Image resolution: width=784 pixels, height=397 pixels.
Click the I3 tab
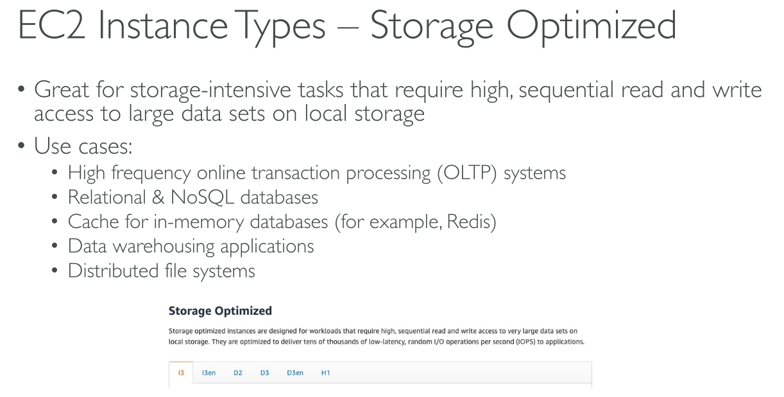tap(182, 373)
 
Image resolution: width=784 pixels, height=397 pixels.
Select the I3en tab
tap(209, 373)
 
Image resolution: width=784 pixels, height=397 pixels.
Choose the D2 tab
tap(238, 373)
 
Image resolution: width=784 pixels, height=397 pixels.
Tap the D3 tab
tap(264, 373)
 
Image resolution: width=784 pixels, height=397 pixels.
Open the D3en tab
tap(295, 373)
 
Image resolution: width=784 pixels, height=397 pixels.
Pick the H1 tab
tap(325, 373)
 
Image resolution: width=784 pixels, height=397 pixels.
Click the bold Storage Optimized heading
tap(220, 311)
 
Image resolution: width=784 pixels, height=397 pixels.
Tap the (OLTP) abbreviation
tap(466, 173)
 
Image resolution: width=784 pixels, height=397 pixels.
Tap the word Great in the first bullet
tap(61, 90)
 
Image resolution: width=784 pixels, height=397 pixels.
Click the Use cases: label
tap(83, 147)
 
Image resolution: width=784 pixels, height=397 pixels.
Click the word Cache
tap(94, 222)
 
